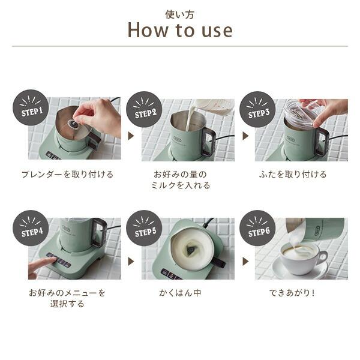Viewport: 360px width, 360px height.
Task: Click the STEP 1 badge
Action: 31,107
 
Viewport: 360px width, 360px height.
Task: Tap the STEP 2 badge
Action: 144,109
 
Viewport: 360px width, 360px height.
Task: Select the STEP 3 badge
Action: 257,109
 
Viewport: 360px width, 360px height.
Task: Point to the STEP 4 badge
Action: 31,228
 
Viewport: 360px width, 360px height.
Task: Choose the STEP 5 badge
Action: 144,228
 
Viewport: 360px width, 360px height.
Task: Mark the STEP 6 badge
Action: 257,228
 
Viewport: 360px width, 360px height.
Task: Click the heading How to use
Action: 180,30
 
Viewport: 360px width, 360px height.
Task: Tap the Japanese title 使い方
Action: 180,14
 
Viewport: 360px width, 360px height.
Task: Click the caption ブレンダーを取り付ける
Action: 67,175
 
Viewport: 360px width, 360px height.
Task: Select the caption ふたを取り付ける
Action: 293,175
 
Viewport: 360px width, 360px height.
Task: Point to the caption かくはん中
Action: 180,293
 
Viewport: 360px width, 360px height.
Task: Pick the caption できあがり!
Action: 292,293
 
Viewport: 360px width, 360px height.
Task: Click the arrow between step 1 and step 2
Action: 131,136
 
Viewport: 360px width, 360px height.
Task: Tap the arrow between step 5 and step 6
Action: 245,261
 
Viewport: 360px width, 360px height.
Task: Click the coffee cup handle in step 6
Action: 323,257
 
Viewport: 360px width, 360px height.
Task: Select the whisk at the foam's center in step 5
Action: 190,250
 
